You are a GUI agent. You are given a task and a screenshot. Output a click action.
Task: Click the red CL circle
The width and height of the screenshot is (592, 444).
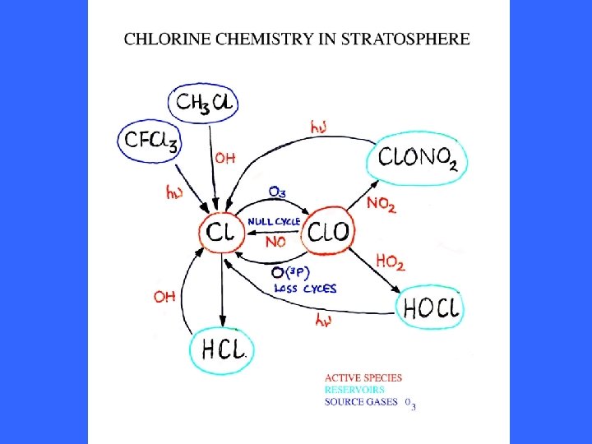click(220, 233)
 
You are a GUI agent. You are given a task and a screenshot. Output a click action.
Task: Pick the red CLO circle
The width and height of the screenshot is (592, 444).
click(328, 233)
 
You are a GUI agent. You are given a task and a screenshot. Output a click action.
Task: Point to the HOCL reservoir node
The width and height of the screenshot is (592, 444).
click(432, 308)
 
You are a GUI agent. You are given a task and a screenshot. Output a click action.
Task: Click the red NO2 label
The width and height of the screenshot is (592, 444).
click(381, 203)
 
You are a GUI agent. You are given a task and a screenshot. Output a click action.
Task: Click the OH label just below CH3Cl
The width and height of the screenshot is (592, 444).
click(225, 157)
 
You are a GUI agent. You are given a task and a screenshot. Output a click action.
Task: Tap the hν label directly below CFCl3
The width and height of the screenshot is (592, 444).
click(174, 193)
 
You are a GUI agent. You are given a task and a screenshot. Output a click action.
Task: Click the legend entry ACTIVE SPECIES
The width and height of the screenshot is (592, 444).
click(363, 378)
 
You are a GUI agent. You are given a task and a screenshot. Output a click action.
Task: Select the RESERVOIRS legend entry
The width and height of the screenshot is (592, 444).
click(354, 390)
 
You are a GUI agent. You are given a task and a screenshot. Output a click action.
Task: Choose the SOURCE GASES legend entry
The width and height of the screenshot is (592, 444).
click(360, 401)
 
